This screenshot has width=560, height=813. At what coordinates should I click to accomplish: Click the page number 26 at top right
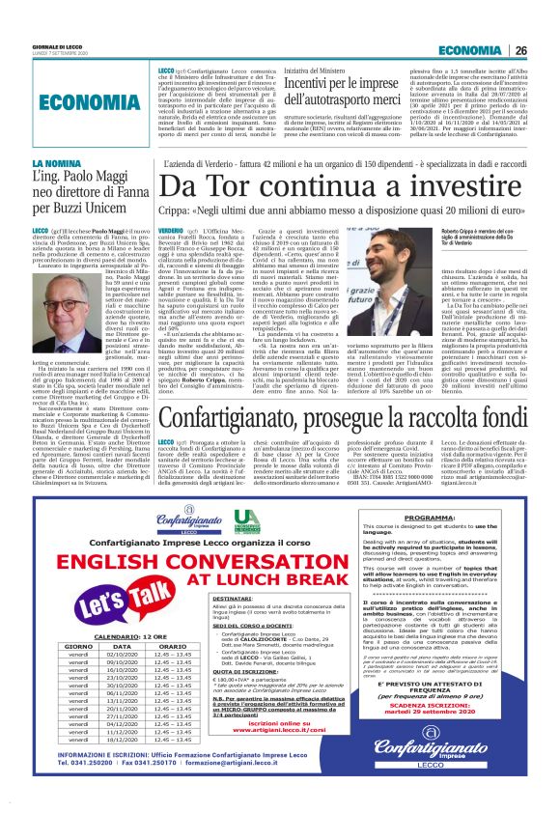(x=546, y=50)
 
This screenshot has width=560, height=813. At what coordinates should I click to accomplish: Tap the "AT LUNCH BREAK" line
(x=221, y=552)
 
